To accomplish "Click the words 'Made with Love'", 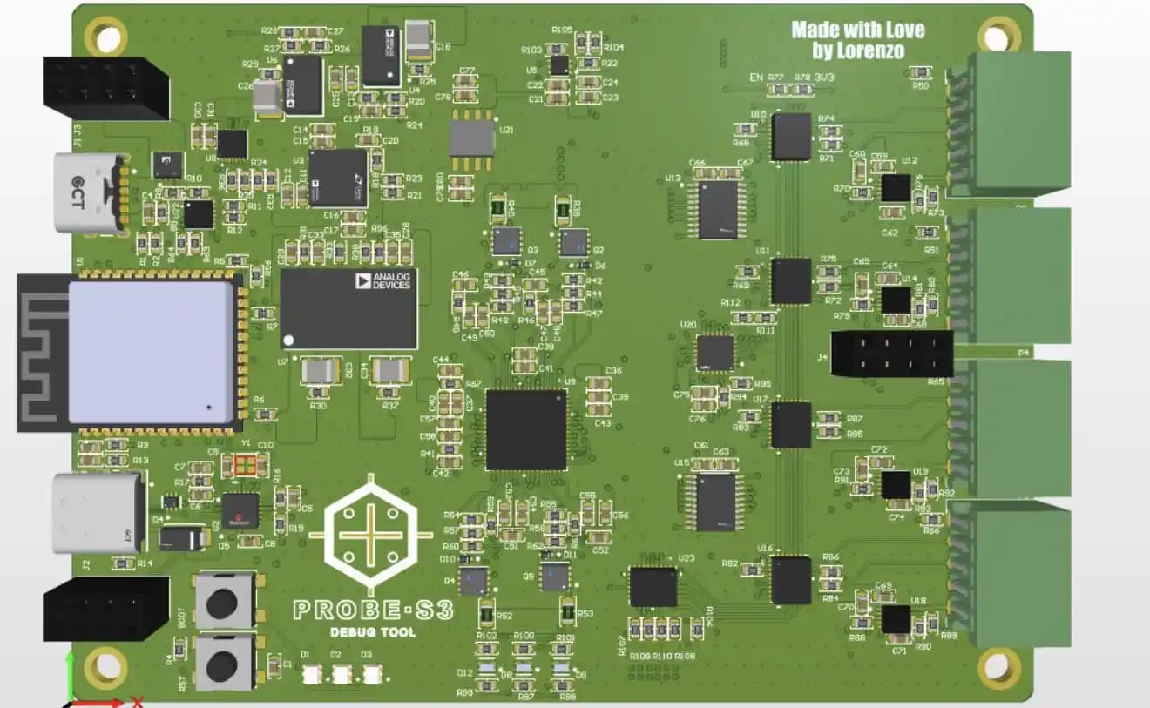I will click(857, 30).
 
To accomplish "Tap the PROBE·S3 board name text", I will click(373, 609).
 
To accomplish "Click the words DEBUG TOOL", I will click(373, 632).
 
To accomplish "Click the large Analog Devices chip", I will click(348, 308).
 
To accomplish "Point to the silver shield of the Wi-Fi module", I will click(150, 352).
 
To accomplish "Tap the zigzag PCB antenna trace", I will click(42, 352).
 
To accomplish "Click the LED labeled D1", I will click(312, 673).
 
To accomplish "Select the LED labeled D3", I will click(372, 673).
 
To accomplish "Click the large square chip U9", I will click(526, 429).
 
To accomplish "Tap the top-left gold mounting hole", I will click(106, 37).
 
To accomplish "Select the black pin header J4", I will click(890, 353).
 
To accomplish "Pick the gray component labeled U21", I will click(471, 137).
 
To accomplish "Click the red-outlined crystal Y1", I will click(246, 466).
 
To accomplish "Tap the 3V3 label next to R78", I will click(824, 78).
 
